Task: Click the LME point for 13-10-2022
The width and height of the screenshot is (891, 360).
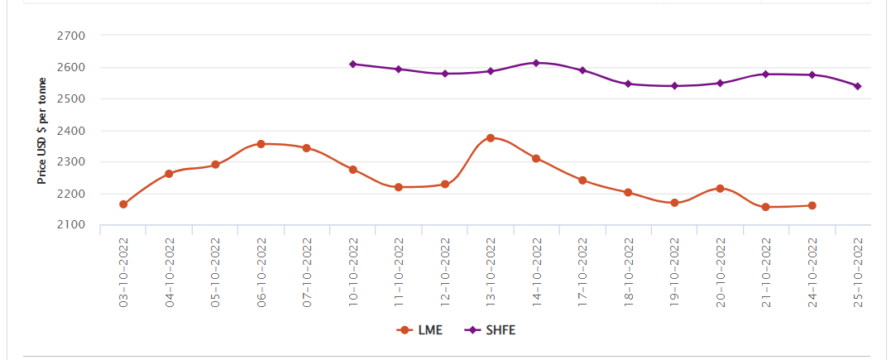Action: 491,138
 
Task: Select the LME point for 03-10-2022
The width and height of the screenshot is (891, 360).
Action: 123,204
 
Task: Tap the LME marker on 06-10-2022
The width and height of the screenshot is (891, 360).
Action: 261,144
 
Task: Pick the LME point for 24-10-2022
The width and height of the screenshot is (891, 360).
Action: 812,205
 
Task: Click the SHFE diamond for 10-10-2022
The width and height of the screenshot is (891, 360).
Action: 353,64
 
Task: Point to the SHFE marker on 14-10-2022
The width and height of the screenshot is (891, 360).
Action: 536,63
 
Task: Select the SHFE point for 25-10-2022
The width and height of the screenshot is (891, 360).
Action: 858,86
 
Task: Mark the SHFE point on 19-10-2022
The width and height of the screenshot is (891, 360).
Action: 674,85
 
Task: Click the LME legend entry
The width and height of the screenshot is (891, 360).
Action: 419,329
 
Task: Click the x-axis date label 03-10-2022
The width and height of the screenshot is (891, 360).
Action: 124,272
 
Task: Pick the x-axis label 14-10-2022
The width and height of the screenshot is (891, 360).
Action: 537,272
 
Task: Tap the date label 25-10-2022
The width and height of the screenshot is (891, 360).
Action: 859,272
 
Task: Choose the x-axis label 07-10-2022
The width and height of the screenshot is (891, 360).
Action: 308,272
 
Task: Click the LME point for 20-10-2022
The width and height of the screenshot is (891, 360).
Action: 720,189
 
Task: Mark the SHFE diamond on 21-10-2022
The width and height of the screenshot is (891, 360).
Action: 766,74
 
